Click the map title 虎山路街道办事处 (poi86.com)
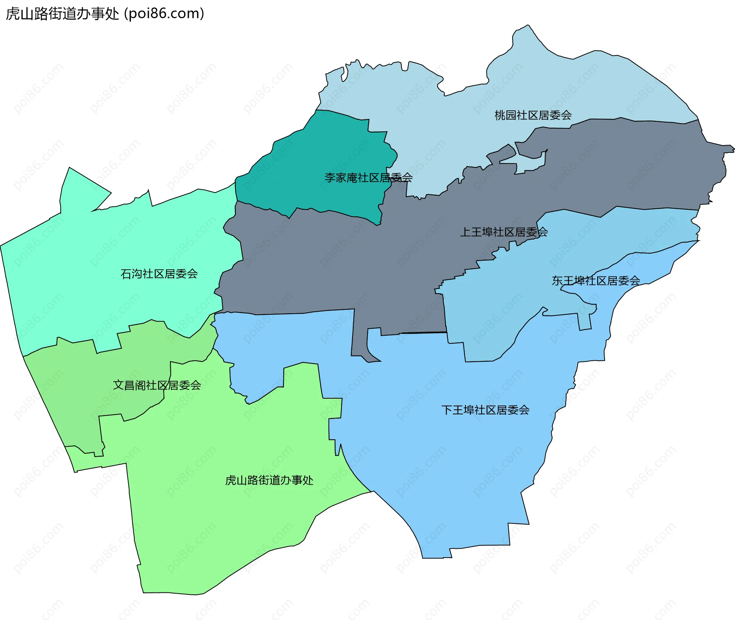[105, 14]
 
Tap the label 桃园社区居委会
[533, 115]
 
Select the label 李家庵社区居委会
[368, 178]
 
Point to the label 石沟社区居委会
[159, 274]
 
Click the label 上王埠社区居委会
[504, 232]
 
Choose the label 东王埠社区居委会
[596, 281]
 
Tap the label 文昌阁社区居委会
[157, 385]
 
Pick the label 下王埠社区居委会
[485, 410]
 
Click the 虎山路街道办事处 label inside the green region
[269, 480]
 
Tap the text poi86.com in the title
[164, 14]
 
